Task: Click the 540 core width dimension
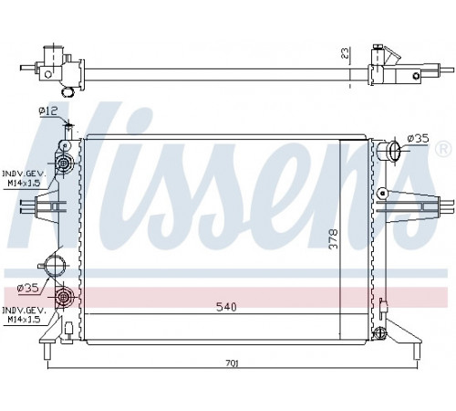pos(226,307)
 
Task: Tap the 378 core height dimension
pos(334,239)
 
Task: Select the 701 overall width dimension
pos(233,364)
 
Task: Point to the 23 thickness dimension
pos(345,53)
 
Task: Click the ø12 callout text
pos(47,111)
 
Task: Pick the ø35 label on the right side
pos(418,139)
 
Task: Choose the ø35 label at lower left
pos(27,288)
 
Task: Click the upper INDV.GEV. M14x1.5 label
pos(25,178)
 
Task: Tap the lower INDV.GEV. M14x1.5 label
pos(25,315)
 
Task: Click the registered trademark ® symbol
pos(443,149)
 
